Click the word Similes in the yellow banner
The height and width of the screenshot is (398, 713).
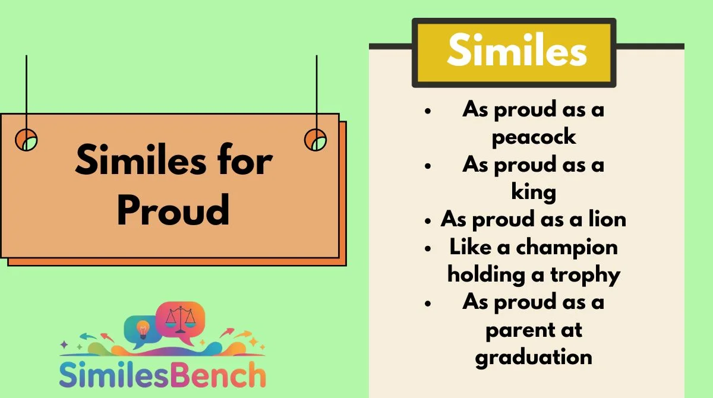[x=517, y=50]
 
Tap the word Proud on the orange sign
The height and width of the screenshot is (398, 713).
[x=173, y=210]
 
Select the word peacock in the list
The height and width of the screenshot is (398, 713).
[x=534, y=137]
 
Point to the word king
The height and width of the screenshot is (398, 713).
[x=534, y=191]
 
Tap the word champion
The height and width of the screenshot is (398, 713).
[x=567, y=248]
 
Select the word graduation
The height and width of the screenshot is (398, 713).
[x=534, y=358]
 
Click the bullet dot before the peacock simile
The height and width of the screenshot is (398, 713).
[x=428, y=110]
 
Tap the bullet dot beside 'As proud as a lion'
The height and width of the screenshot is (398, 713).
[x=428, y=221]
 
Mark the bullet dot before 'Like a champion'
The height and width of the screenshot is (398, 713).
[x=428, y=248]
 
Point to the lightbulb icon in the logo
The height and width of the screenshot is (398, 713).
[x=143, y=330]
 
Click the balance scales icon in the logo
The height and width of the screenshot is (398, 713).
[x=181, y=320]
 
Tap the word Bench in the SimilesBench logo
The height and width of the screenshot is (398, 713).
[x=217, y=375]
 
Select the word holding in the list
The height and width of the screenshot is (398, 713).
[x=487, y=275]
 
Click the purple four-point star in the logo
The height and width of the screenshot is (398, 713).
[x=64, y=345]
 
